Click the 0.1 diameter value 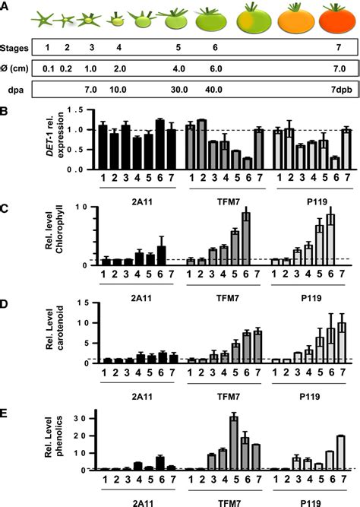[49, 69]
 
